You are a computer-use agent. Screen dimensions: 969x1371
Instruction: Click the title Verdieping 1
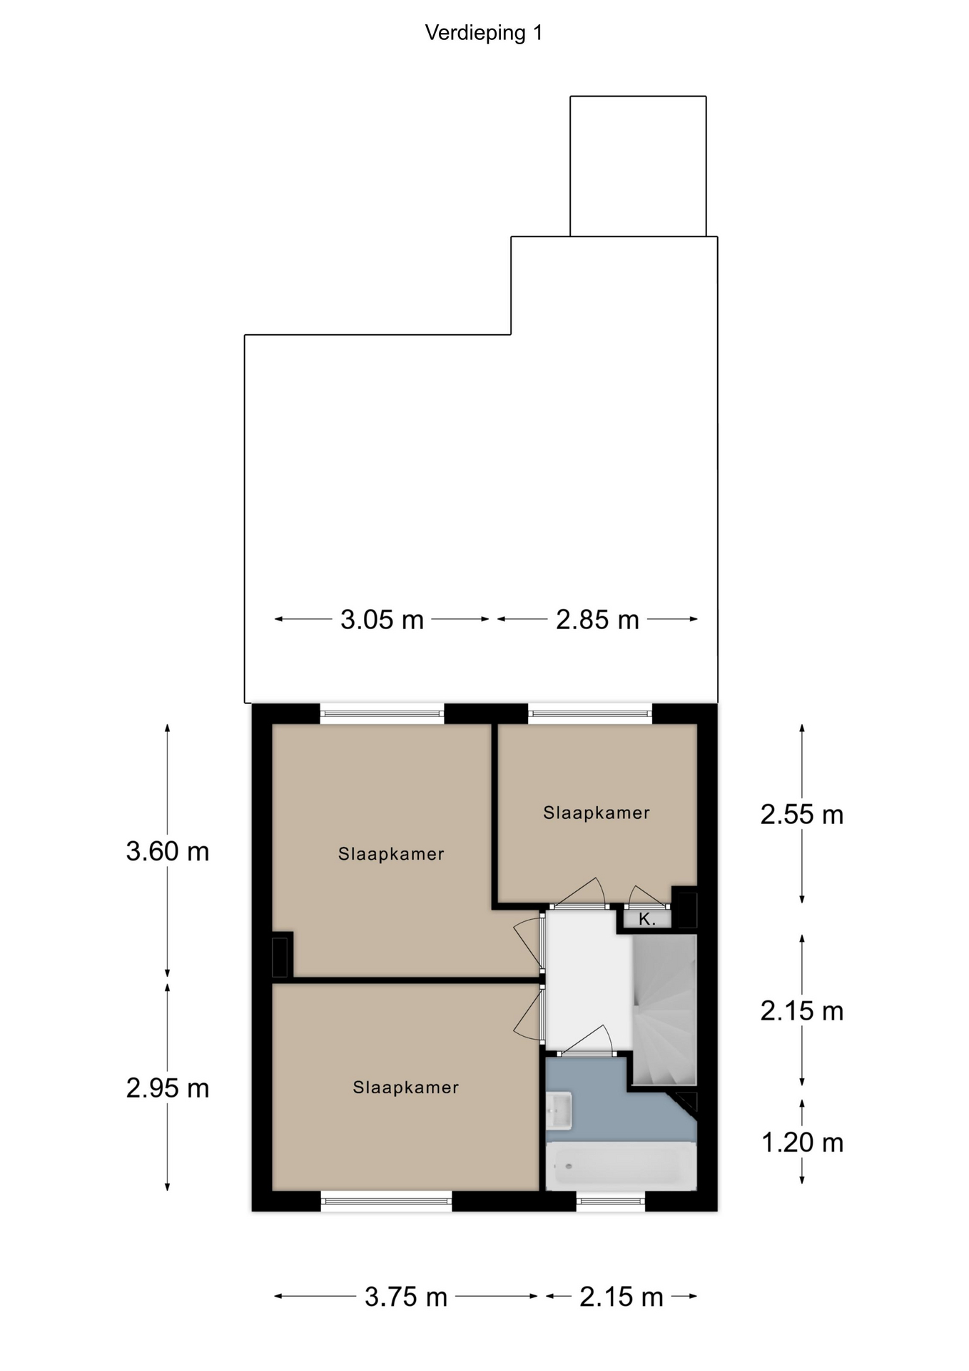coord(484,33)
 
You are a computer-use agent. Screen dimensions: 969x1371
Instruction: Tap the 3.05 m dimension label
coord(382,619)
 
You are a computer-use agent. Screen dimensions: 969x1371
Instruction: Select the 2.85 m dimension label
coord(597,619)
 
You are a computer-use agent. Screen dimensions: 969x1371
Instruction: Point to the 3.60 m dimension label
coord(168,851)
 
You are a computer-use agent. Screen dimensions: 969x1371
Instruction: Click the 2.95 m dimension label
coord(168,1088)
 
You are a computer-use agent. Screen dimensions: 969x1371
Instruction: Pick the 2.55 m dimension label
coord(802,814)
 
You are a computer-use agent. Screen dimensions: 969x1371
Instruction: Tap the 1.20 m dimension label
coord(802,1142)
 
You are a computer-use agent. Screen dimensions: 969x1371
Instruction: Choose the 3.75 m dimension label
coord(406,1296)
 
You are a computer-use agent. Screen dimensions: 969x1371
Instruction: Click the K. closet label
coord(647,919)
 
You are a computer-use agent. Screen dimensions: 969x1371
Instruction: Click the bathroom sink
coord(559,1110)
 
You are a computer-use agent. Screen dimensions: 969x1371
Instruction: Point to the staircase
coord(664,1010)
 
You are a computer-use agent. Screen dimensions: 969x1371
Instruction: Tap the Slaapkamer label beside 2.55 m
coord(597,813)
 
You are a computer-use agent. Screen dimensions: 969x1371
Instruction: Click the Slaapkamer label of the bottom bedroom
coord(405,1088)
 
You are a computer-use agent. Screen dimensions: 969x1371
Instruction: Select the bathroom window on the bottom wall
coord(610,1201)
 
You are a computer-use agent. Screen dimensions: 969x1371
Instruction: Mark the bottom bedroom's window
coord(386,1201)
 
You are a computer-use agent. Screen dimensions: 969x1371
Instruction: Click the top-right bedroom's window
coord(590,713)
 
